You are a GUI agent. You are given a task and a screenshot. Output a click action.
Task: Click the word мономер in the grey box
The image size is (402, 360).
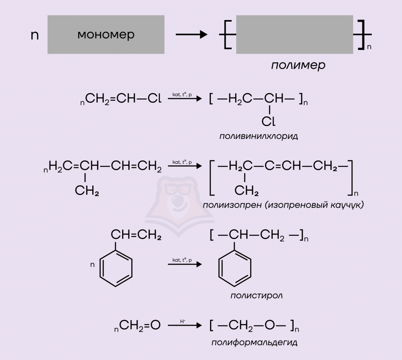coord(106,35)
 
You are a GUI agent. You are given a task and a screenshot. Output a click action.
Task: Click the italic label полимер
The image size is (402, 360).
coord(298,65)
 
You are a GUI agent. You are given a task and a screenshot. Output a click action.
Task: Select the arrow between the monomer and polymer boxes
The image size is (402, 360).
coord(192,35)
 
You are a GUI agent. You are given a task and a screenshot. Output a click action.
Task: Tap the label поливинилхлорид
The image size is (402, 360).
coord(258,136)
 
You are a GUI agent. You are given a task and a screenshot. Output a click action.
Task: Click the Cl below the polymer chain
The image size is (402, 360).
coord(269,121)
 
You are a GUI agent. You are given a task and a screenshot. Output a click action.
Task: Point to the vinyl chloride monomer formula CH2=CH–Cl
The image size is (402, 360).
coord(121,99)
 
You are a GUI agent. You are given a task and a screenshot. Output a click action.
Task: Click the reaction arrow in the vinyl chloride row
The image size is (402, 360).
coord(185,99)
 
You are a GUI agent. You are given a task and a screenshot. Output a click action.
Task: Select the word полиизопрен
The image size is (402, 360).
coord(232,205)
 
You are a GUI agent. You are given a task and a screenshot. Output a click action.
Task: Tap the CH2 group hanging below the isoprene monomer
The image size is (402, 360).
coord(87,190)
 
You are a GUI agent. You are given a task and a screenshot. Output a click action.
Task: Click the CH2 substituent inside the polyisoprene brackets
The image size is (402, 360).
coord(247,190)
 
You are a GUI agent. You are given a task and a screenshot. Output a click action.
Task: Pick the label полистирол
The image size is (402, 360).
coord(256,296)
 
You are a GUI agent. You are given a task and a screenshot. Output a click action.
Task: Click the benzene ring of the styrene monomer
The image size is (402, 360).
coord(116,268)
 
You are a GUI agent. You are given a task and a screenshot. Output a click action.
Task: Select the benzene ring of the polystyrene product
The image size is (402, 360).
coord(235,268)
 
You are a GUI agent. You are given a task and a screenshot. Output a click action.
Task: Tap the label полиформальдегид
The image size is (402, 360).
coord(254,343)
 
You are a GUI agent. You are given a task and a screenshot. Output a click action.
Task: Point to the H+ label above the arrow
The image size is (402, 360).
coord(183,321)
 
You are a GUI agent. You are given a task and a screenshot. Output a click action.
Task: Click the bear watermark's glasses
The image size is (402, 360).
coord(178,189)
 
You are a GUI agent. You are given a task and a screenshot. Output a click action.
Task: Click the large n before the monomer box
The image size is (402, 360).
coord(35,35)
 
